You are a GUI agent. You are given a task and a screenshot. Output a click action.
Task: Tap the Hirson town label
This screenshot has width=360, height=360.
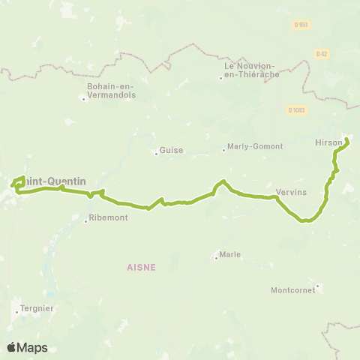point(330,142)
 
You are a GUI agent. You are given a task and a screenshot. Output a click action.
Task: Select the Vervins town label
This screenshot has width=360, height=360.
point(291,192)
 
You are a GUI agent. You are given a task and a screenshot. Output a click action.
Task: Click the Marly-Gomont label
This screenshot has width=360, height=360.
point(249,148)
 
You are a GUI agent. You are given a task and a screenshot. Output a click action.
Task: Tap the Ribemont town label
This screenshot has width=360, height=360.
point(109,217)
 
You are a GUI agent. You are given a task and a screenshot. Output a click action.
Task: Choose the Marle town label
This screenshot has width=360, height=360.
point(230,254)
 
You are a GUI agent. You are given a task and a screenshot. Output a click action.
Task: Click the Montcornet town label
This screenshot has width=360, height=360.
point(292,289)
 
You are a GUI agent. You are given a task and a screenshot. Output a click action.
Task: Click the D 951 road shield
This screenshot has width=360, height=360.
point(300,25)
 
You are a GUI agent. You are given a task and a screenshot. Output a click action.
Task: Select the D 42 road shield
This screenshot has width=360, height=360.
point(321,53)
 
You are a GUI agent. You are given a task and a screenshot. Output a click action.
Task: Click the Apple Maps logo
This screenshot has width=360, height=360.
point(27,347)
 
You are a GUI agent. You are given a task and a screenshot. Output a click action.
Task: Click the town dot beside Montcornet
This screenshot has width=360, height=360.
point(318,285)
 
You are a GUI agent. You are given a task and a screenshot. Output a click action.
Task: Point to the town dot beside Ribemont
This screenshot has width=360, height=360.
point(87,219)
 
